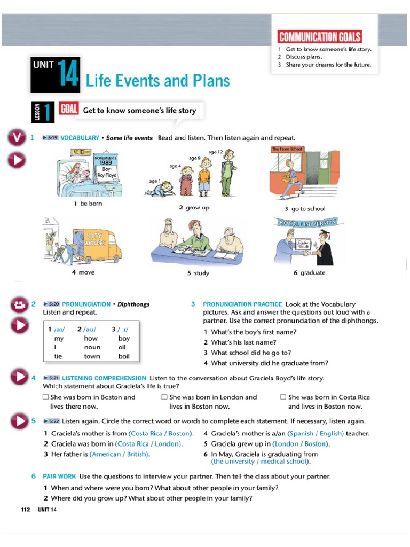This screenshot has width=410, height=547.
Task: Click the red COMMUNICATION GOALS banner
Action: pyautogui.click(x=319, y=37)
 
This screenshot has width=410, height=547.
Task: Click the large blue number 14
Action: pyautogui.click(x=69, y=74)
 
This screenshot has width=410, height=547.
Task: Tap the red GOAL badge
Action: pyautogui.click(x=69, y=110)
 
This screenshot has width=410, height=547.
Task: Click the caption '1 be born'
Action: pyautogui.click(x=88, y=204)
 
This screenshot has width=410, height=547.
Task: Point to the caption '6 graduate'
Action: pyautogui.click(x=309, y=272)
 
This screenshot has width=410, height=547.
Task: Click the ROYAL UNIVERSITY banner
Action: pyautogui.click(x=306, y=222)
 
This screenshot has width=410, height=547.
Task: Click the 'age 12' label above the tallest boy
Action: pyautogui.click(x=216, y=152)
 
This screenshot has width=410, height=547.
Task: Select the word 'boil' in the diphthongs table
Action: pyautogui.click(x=124, y=356)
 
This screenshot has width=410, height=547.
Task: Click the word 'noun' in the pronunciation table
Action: pyautogui.click(x=92, y=347)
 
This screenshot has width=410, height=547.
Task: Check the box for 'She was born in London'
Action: pyautogui.click(x=164, y=397)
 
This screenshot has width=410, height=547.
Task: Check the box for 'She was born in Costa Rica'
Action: pyautogui.click(x=283, y=397)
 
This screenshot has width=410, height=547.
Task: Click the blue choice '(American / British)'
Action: pyautogui.click(x=120, y=454)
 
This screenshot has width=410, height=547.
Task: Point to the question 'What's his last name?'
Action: pyautogui.click(x=243, y=342)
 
